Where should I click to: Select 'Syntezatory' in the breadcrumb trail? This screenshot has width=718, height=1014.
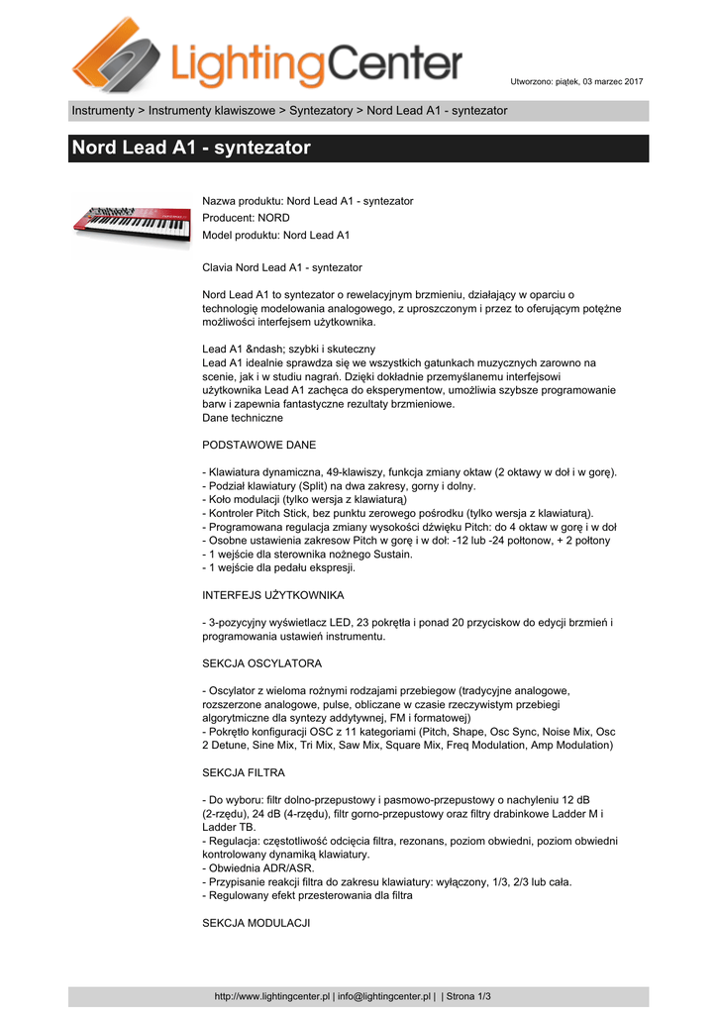pyautogui.click(x=321, y=110)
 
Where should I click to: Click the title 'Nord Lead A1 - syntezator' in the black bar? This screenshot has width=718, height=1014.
pyautogui.click(x=191, y=149)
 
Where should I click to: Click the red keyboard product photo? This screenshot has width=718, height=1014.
pyautogui.click(x=130, y=222)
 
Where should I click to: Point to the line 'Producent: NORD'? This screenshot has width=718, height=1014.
pyautogui.click(x=246, y=218)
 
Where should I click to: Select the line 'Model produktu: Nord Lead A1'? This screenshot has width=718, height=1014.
pyautogui.click(x=275, y=235)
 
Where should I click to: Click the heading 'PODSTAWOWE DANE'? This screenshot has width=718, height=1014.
pyautogui.click(x=259, y=445)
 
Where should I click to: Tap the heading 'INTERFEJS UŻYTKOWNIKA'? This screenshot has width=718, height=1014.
pyautogui.click(x=272, y=595)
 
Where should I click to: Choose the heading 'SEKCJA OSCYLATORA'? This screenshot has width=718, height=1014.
pyautogui.click(x=261, y=662)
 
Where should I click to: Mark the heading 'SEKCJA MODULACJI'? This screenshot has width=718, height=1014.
pyautogui.click(x=256, y=922)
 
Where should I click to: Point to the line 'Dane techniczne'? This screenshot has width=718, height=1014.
pyautogui.click(x=242, y=418)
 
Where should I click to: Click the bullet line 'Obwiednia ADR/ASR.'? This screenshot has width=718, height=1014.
pyautogui.click(x=261, y=867)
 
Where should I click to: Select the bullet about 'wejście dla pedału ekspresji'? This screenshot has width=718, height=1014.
pyautogui.click(x=278, y=568)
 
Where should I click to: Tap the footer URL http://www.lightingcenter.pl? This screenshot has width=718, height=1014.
pyautogui.click(x=272, y=996)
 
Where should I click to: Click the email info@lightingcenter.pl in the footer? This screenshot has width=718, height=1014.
pyautogui.click(x=384, y=996)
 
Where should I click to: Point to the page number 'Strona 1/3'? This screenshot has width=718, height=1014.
pyautogui.click(x=468, y=996)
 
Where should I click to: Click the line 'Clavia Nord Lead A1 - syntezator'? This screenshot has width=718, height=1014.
pyautogui.click(x=282, y=267)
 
